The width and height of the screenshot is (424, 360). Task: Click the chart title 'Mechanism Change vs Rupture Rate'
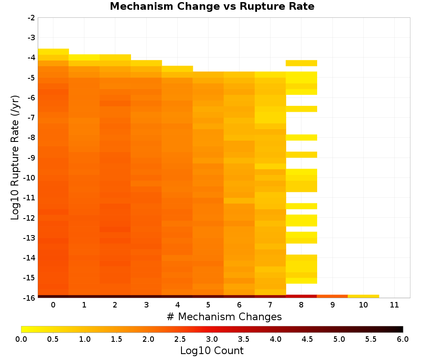(212, 6)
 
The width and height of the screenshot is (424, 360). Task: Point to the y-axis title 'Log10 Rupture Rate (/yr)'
(15, 158)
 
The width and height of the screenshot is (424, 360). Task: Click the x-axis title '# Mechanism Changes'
(224, 317)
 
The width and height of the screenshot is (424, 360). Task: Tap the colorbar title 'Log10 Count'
(212, 351)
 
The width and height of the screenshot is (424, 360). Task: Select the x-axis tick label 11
(394, 305)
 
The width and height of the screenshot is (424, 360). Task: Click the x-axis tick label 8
(301, 305)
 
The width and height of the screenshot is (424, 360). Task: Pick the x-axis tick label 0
(53, 305)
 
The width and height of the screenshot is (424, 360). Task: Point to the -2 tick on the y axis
(31, 18)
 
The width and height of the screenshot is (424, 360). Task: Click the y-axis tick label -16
(30, 298)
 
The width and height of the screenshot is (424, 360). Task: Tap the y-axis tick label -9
(31, 158)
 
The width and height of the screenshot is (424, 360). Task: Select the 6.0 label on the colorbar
(403, 339)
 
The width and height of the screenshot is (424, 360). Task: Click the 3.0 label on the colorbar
(212, 339)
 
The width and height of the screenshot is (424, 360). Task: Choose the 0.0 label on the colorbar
(21, 339)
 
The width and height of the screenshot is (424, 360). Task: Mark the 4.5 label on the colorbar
(307, 339)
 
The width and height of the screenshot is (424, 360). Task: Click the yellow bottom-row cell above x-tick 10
(363, 296)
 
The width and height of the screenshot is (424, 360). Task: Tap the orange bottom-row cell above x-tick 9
(332, 296)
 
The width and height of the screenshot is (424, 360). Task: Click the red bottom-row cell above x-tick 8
(301, 296)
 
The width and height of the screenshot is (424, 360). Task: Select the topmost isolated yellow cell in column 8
(301, 63)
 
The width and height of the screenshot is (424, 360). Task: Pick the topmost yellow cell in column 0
(53, 52)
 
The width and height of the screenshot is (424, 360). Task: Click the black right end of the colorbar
(401, 329)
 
